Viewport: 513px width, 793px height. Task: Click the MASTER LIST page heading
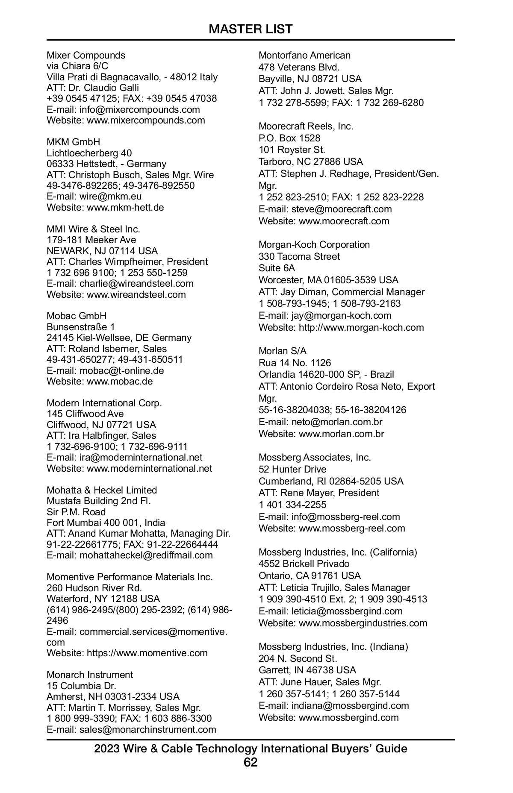click(x=251, y=29)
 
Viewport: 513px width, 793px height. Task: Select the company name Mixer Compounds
click(x=86, y=55)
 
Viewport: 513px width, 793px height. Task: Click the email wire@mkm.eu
click(x=110, y=197)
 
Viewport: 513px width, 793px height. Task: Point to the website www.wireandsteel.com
click(x=136, y=294)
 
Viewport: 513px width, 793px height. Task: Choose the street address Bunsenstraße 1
click(x=81, y=327)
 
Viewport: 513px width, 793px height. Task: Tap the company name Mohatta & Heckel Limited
click(x=102, y=490)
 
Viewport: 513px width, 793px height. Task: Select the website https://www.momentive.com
click(x=147, y=653)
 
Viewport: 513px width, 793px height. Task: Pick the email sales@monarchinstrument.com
click(x=147, y=729)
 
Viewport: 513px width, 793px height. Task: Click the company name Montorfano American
click(x=304, y=55)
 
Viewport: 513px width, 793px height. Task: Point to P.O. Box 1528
click(x=289, y=138)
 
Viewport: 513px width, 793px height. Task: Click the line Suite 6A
click(x=277, y=268)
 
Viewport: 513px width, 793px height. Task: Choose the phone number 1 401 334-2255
click(x=292, y=505)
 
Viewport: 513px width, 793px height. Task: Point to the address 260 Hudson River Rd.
click(x=94, y=588)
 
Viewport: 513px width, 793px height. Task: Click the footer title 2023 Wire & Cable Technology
click(x=251, y=749)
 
